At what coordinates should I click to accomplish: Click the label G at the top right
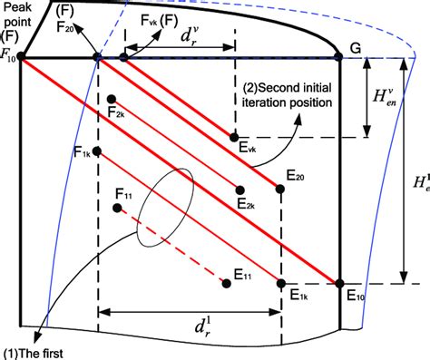coord(356,45)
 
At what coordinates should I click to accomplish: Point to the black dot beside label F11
coord(118,209)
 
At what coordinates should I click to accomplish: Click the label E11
coord(242,273)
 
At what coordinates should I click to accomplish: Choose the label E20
coord(294,175)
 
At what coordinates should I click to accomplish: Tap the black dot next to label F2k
coord(111,99)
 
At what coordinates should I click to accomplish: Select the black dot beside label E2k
coord(240,190)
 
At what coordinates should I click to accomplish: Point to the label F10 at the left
coord(10,58)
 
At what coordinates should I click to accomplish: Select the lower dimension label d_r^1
coord(190,323)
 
